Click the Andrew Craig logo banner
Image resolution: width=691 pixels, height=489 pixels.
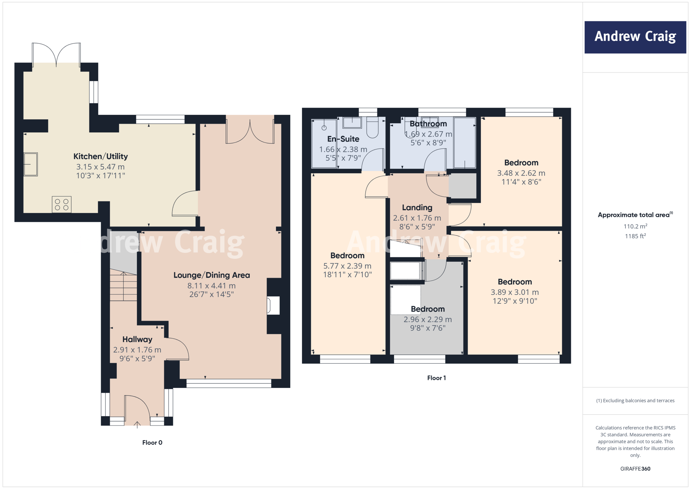pos(635,37)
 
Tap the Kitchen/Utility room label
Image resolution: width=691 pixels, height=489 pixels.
pos(101,156)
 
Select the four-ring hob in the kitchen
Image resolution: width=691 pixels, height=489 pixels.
pos(61,204)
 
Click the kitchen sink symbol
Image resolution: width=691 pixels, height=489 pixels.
pos(30,164)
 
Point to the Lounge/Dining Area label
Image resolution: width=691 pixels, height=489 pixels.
pos(212,275)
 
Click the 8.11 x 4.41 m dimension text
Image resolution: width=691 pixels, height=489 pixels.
pos(212,286)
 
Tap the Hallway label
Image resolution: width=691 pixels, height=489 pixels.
pos(137,339)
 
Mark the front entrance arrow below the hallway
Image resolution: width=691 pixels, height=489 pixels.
pos(137,424)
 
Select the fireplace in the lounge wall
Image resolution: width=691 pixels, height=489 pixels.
pos(273,305)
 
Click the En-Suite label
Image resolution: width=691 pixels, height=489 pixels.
pos(343,139)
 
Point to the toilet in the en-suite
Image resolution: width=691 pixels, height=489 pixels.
pos(372,128)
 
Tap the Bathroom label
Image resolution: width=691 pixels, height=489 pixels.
pos(428,124)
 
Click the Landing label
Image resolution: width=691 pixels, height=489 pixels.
pos(417,208)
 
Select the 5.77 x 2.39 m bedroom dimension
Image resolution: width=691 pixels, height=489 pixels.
pos(347,266)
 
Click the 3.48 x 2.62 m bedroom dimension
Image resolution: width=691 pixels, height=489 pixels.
pos(521,173)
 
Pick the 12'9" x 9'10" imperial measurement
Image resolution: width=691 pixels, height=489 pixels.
pos(515,301)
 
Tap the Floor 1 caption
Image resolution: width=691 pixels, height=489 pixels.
pos(436,378)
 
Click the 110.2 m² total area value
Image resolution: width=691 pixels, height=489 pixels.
pos(635,226)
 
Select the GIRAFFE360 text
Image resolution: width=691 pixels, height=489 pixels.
pos(635,469)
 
